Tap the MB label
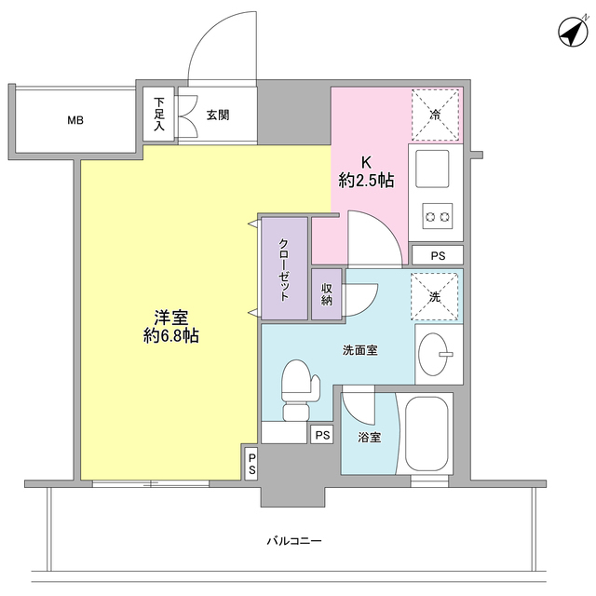[x=74, y=120]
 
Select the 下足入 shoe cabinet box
[x=159, y=115]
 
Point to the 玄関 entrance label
[x=218, y=115]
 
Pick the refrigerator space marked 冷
[x=435, y=115]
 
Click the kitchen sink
[x=435, y=169]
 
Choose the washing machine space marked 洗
[x=435, y=296]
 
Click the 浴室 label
[x=370, y=437]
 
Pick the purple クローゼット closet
[x=284, y=268]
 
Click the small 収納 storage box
[x=328, y=295]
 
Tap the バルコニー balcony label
[x=293, y=541]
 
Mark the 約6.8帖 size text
[x=171, y=335]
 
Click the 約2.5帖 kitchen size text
[x=366, y=182]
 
